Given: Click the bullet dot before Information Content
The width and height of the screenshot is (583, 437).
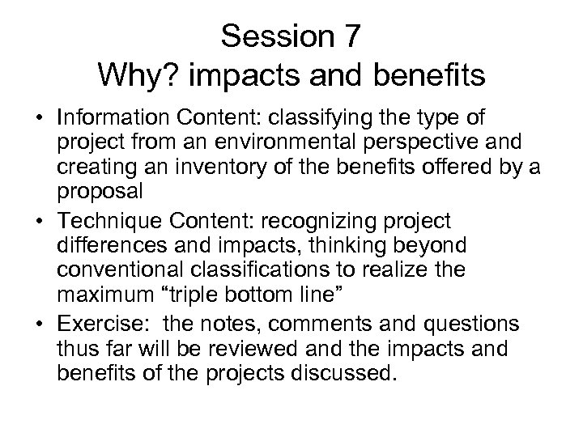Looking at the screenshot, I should [x=40, y=118].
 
